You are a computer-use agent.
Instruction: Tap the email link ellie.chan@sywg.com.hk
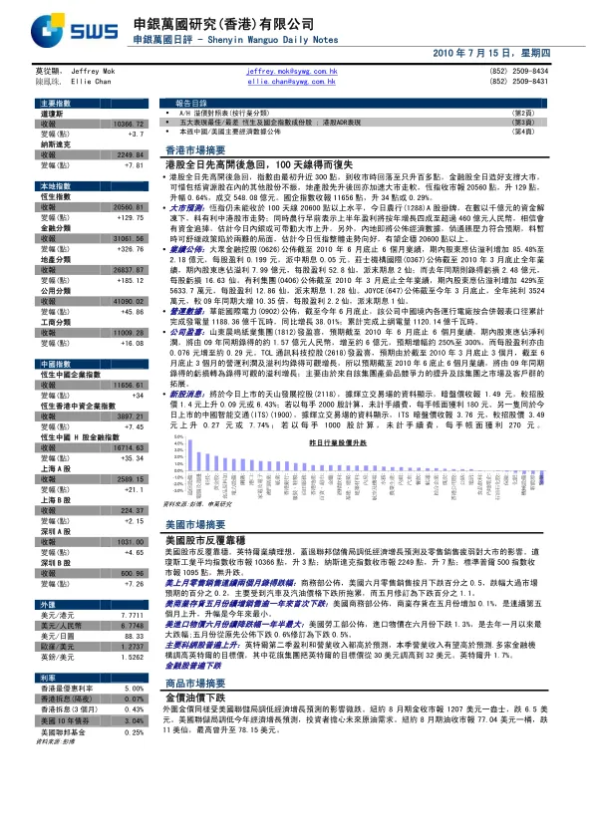(291, 82)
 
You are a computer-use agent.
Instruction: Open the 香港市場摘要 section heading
(191, 147)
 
